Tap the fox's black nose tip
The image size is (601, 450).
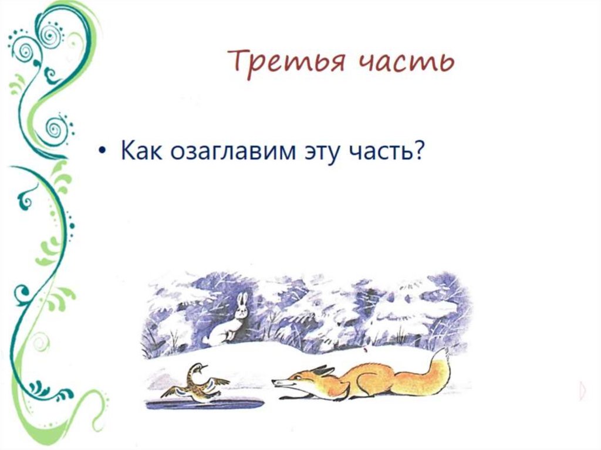274,383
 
